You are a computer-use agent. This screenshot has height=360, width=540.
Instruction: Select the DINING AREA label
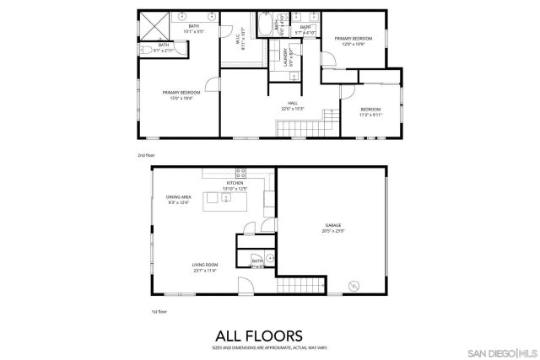coord(179,198)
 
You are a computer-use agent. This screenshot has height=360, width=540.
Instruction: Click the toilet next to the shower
coord(145,51)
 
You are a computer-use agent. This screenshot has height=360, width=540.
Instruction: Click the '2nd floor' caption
coord(147,155)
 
